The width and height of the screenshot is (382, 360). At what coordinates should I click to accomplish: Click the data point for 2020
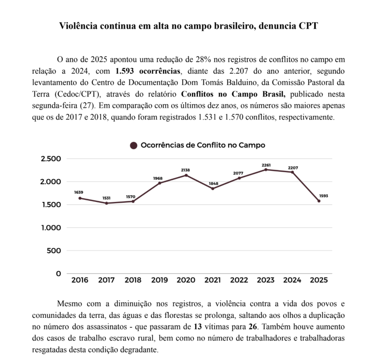pos(186,175)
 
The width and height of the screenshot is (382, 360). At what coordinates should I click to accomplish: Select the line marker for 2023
pos(266,170)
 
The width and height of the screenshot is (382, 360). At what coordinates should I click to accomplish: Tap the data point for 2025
pos(319,201)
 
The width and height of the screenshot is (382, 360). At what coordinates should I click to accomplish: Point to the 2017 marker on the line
pos(106,203)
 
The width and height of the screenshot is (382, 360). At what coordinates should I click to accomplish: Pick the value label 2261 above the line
pos(266,165)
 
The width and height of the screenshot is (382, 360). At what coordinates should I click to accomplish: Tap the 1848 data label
pos(212,183)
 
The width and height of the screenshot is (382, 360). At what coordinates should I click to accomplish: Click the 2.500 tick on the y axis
pos(51,159)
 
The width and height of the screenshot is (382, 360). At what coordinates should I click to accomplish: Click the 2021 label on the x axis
pos(212,280)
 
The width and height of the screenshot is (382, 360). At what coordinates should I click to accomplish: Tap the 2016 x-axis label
pos(80,280)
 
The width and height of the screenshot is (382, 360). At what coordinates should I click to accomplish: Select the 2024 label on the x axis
pos(292,280)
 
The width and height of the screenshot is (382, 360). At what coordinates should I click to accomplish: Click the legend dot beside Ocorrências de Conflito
pos(134,146)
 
